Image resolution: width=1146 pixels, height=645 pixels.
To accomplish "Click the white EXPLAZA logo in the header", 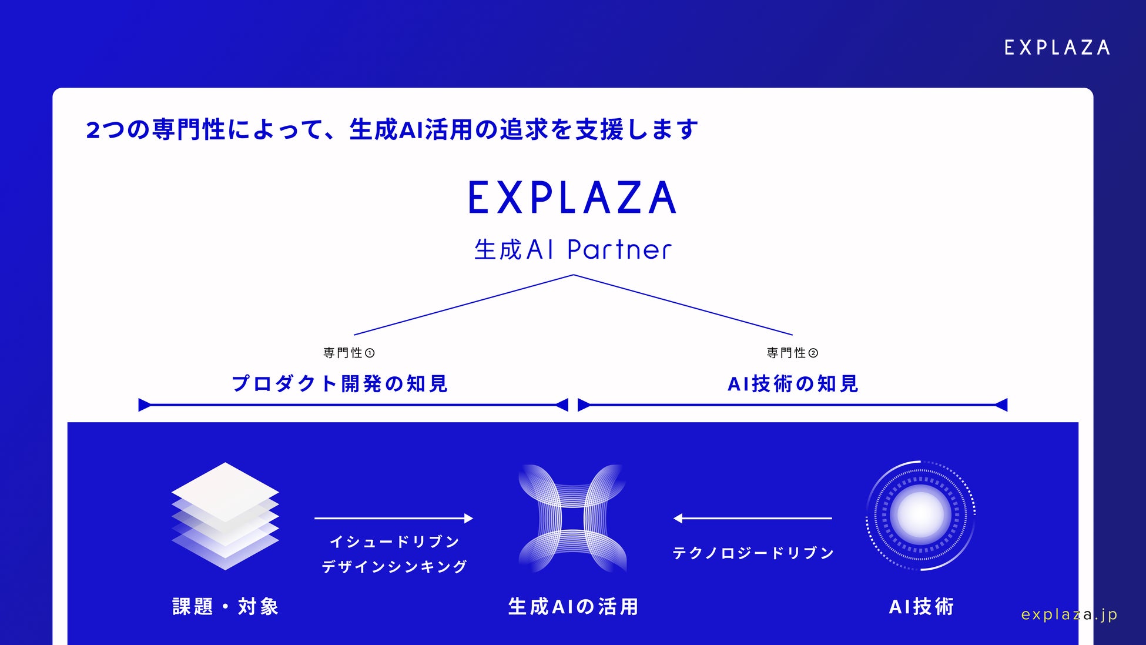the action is (1057, 48).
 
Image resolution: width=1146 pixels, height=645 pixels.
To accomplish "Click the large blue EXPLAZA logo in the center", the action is (572, 198).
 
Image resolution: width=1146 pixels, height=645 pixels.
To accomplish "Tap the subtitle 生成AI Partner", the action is (572, 250).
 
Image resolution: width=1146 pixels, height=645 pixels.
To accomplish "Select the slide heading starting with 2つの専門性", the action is (392, 130).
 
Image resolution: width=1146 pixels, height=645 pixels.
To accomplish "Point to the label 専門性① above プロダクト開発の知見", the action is (349, 353).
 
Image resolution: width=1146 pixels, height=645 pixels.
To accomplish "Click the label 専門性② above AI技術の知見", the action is (792, 353).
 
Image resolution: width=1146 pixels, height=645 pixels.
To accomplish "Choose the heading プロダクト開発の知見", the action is (340, 384).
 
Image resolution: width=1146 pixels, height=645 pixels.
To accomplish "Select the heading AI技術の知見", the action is (793, 384).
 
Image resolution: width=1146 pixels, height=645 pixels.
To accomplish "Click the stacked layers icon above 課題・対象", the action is (225, 516).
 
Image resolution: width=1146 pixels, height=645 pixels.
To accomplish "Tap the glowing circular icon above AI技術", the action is (920, 516).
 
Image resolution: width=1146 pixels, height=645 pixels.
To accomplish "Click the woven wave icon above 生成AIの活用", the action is (572, 518).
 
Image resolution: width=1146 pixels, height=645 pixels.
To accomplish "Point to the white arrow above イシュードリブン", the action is (394, 518).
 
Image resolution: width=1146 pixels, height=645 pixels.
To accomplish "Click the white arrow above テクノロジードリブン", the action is (752, 518).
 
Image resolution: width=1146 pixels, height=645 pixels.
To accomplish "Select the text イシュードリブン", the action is (394, 542).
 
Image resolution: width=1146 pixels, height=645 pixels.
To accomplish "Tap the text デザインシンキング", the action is (394, 567).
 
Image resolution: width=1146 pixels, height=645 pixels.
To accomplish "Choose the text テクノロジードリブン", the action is (753, 553).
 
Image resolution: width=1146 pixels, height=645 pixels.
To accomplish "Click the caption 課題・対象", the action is (225, 607).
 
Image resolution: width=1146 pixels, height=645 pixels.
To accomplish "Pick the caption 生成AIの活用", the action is (573, 607).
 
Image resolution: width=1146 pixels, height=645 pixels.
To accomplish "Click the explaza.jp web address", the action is (1069, 614).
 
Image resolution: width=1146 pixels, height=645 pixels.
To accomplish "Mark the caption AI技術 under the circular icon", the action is (921, 607).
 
